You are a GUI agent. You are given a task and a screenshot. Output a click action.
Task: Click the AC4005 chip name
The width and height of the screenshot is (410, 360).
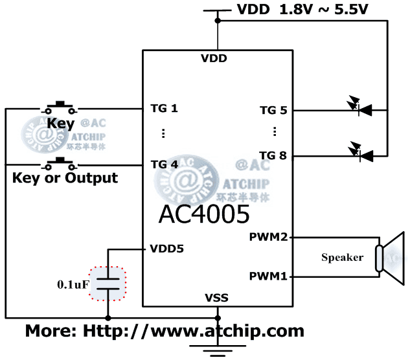coord(204,214)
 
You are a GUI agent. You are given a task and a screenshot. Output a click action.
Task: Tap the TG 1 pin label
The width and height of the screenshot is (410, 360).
coord(164,107)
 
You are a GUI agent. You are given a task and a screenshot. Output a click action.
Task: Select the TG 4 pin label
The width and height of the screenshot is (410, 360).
coord(164,164)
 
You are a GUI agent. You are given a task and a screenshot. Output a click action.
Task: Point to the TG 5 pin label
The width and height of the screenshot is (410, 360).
coord(273,110)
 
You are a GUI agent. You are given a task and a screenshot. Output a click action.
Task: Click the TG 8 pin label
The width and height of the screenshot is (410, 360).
coord(273,155)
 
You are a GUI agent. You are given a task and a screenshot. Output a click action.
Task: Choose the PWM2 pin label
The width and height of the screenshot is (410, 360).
coord(268,237)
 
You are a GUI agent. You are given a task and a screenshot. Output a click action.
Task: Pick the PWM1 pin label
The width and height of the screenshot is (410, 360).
coord(268,276)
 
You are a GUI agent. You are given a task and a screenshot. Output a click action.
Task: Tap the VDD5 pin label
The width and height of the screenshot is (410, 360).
coord(166,248)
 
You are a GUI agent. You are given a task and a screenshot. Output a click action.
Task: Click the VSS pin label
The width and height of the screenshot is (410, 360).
coord(216,298)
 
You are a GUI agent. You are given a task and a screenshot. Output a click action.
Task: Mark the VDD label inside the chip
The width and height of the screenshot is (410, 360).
coord(214,58)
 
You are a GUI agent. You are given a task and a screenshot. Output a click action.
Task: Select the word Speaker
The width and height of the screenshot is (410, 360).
coord(342,258)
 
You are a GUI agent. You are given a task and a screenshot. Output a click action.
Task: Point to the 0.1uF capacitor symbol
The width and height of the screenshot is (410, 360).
coord(108,283)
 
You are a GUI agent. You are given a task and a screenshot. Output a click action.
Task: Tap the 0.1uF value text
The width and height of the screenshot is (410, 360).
coord(73,284)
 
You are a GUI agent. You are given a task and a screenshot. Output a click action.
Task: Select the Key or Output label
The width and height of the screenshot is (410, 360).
coord(65,177)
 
